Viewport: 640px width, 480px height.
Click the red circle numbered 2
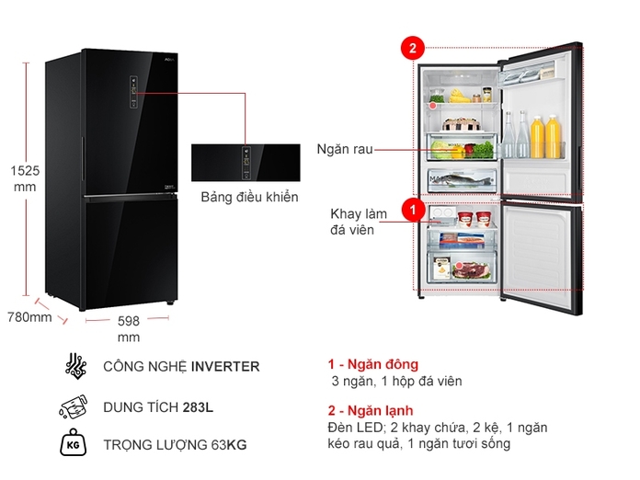(413, 48)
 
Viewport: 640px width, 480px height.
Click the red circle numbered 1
(413, 211)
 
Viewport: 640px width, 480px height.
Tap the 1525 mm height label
(25, 178)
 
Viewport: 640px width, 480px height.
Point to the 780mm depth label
(29, 317)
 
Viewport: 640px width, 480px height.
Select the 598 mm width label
(128, 329)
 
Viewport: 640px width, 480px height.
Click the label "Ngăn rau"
(345, 149)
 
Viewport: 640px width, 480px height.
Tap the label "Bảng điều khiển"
(249, 198)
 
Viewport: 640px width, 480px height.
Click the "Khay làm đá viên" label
(359, 222)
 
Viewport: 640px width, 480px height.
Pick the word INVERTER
(225, 366)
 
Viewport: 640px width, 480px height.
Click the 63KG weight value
(228, 446)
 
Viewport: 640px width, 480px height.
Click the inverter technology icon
(74, 366)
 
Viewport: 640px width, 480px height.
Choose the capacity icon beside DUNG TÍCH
(74, 406)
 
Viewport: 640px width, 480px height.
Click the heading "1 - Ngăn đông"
(372, 364)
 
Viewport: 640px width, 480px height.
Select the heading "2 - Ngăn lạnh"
(371, 410)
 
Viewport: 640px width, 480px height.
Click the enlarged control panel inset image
(246, 163)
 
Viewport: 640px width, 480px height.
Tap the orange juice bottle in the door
(554, 137)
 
